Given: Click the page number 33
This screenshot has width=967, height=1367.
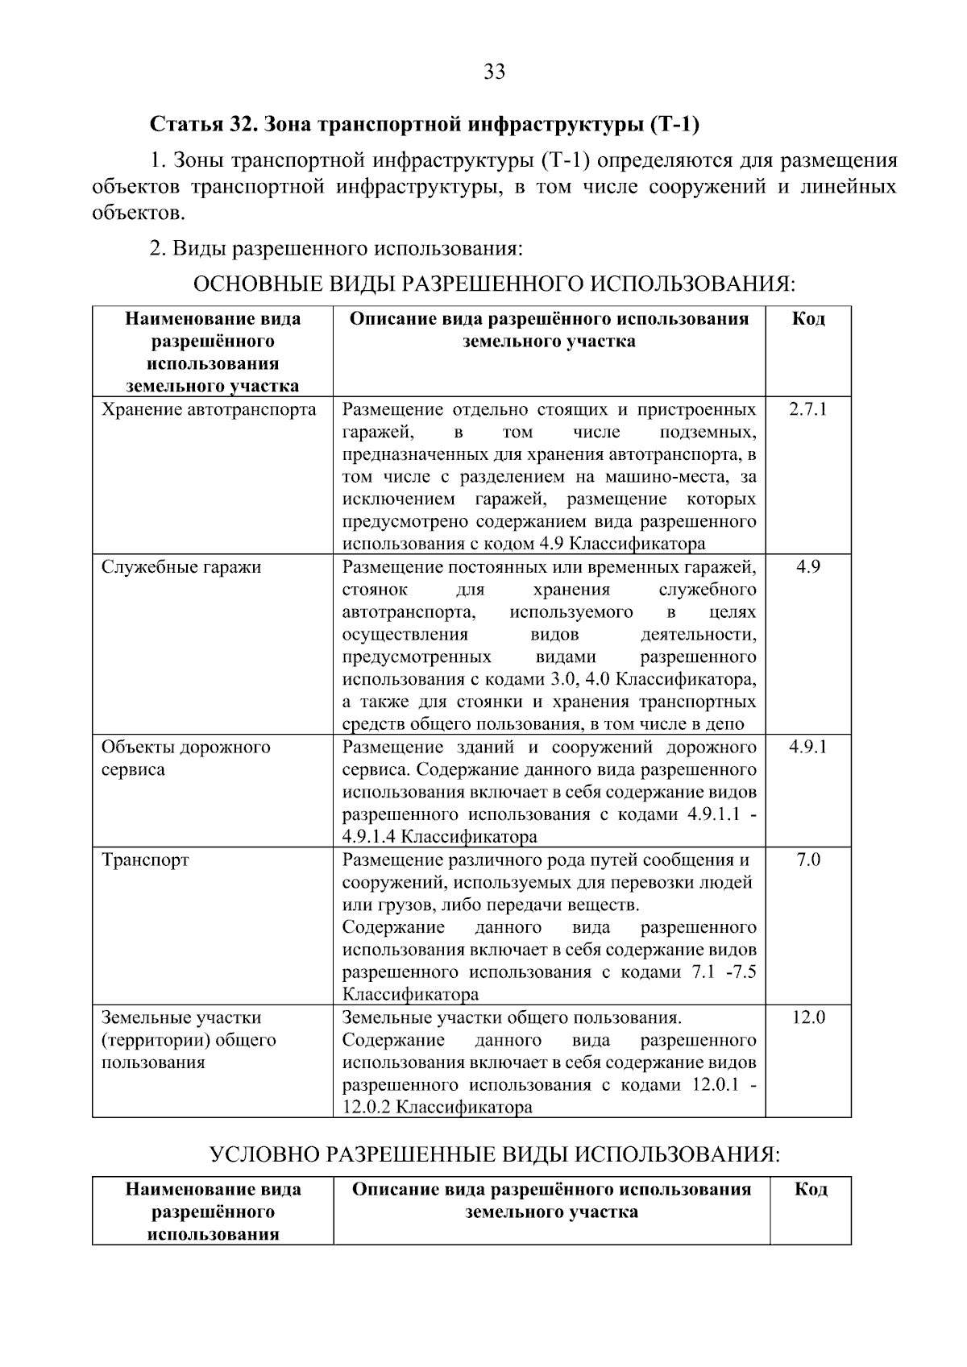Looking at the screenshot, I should tap(494, 72).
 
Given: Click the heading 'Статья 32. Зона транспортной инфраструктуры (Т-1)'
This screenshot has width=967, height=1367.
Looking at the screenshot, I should tap(424, 125).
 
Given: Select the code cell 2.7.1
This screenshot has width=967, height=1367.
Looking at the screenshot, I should tap(807, 409).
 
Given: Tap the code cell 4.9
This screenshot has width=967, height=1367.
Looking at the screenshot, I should tap(807, 567).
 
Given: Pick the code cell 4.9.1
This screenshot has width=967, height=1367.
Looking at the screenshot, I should tap(807, 747).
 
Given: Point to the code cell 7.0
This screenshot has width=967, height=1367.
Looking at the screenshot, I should tap(807, 860).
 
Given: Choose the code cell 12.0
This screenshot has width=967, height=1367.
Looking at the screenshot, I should tap(807, 1017).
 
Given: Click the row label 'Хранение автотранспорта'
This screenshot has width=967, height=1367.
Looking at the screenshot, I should tap(209, 409).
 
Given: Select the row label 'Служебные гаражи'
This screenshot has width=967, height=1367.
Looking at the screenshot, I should tap(181, 567).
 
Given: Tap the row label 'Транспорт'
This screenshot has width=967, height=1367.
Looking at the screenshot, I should tap(145, 860).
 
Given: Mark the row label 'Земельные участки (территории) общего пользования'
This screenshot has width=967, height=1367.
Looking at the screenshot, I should tap(189, 1040).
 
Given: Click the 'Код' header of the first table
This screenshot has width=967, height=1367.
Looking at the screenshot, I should tap(807, 319).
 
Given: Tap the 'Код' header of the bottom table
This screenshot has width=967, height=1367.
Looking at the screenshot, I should tap(810, 1189).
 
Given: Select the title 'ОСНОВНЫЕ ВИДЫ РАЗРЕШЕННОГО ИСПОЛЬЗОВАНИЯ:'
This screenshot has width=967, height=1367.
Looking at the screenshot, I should tap(494, 284).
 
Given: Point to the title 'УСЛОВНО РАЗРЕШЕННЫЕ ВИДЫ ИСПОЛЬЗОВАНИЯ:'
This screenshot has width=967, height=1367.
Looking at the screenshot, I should tap(494, 1154).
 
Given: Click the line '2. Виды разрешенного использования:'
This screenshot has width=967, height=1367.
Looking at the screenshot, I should tap(337, 249).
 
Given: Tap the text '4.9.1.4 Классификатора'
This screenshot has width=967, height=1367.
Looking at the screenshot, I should tap(439, 836).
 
